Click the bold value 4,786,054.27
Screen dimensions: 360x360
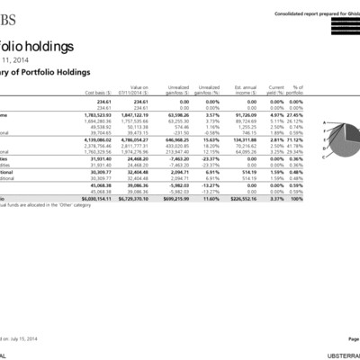pos(132,140)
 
